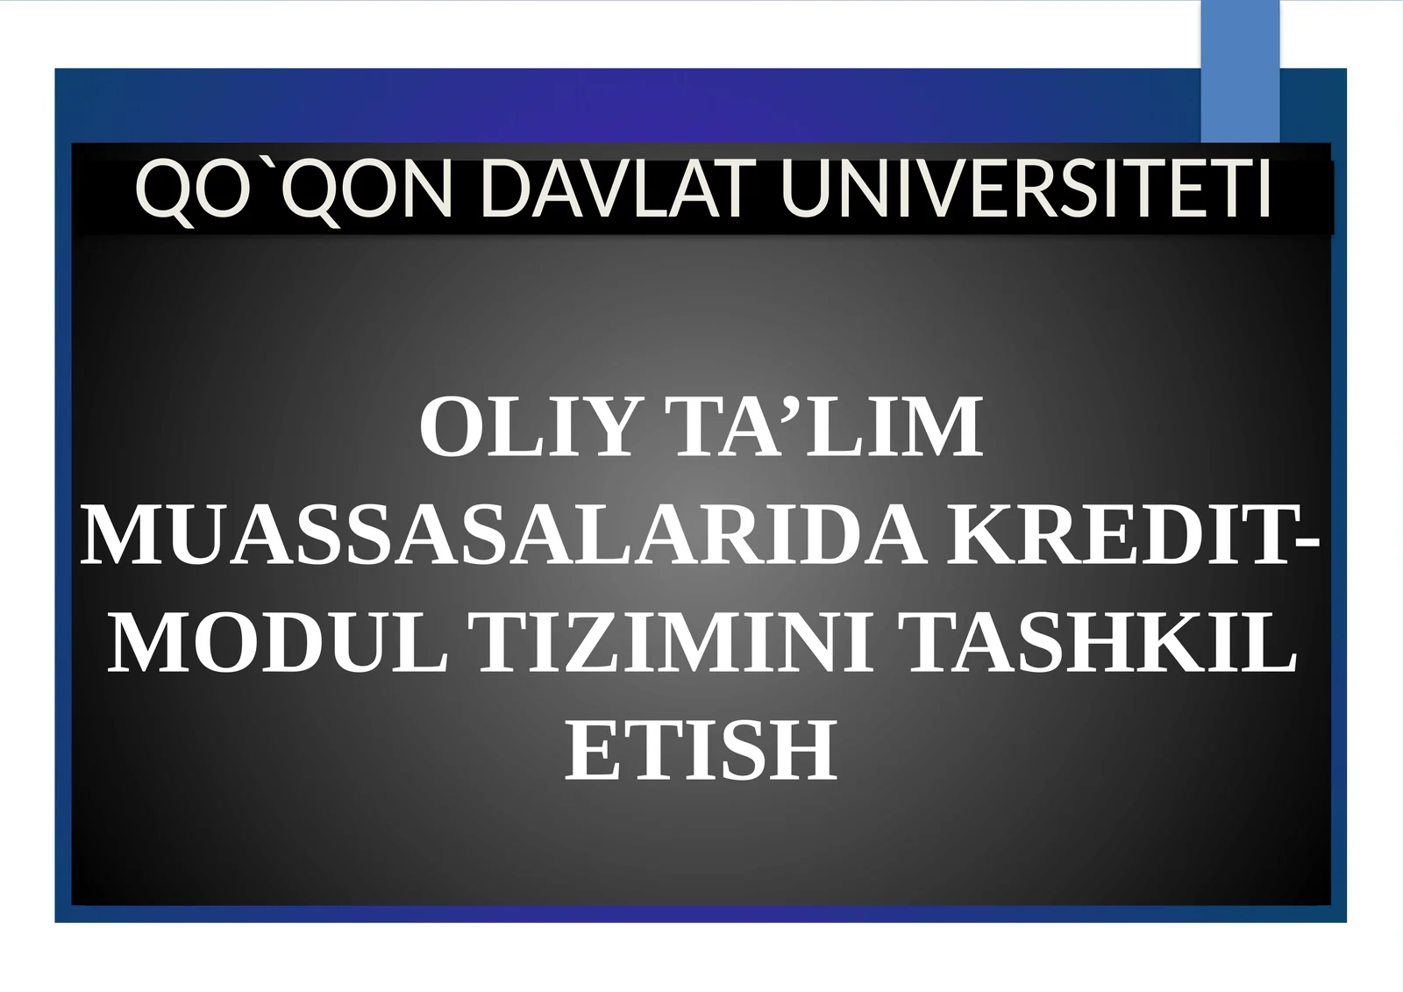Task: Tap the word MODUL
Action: [x=278, y=645]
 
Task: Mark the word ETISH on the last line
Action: [x=701, y=751]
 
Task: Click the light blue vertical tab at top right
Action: [x=1240, y=70]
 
